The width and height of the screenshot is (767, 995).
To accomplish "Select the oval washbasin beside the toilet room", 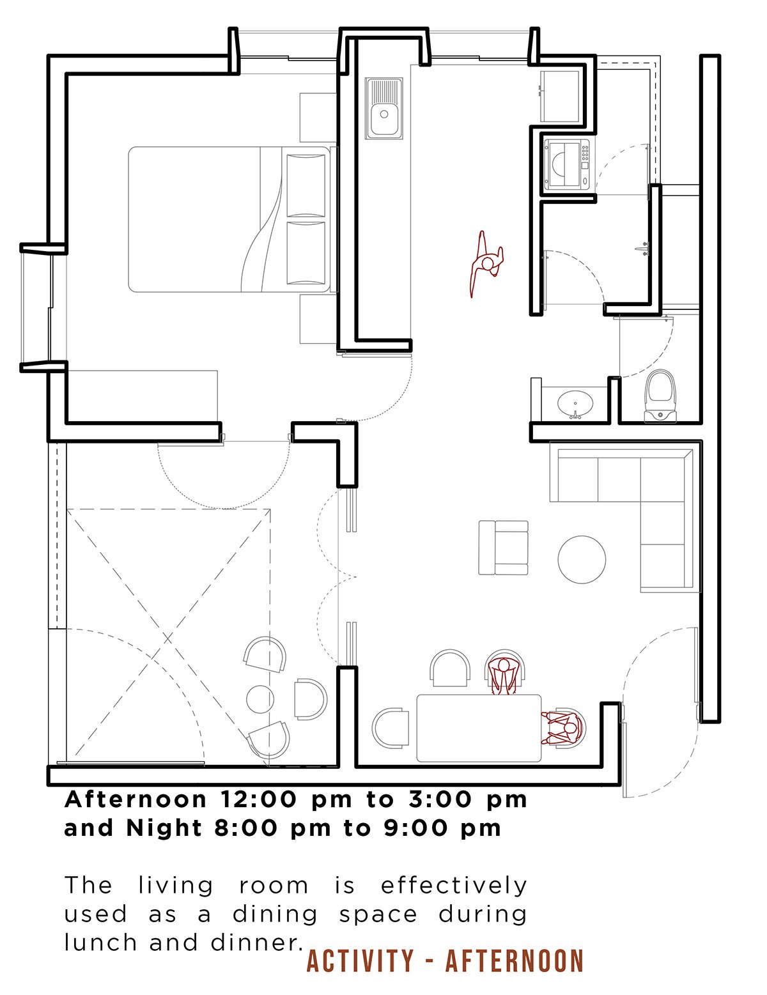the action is click(575, 403).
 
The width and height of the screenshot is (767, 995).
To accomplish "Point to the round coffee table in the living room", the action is click(582, 559).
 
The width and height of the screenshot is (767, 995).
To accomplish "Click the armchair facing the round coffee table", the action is click(503, 547).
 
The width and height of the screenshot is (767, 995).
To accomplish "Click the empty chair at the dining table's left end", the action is click(390, 728).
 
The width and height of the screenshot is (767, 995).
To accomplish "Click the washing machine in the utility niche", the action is click(567, 164).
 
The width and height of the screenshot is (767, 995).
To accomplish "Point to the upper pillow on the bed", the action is click(306, 185).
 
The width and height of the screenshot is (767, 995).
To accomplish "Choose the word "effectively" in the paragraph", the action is click(454, 885).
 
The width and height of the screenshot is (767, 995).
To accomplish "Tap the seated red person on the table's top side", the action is click(504, 673).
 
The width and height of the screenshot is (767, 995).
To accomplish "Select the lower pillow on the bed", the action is click(306, 253).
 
